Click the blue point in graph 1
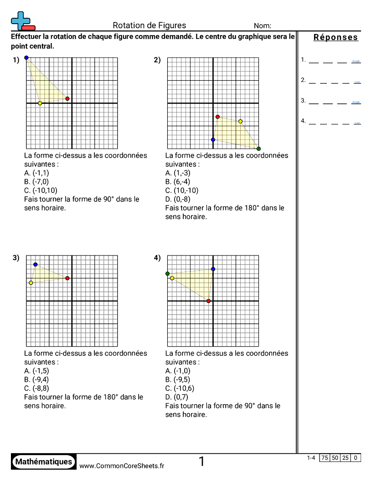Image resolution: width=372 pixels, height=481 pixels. (26, 58)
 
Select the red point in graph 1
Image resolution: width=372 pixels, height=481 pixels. (67, 99)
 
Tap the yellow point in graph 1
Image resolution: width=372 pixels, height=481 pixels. (40, 103)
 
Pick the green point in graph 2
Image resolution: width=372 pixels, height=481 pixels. (258, 149)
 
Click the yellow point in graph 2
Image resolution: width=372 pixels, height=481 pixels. (240, 122)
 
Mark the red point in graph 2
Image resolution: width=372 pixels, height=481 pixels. (217, 117)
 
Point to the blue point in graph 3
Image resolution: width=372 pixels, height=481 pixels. (36, 265)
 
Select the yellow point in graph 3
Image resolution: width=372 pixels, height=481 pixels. (31, 283)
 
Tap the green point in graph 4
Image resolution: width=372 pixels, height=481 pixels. (167, 274)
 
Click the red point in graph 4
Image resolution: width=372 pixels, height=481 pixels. (208, 301)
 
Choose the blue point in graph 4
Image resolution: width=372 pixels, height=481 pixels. (213, 269)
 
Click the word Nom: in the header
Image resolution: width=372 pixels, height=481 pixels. (263, 26)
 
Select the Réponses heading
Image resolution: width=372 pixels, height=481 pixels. (336, 38)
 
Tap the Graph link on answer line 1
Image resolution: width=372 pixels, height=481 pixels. (356, 61)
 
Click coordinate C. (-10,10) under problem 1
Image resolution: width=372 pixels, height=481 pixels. (41, 190)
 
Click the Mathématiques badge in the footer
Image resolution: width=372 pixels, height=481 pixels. (44, 461)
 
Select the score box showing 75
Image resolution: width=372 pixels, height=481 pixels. (325, 458)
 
